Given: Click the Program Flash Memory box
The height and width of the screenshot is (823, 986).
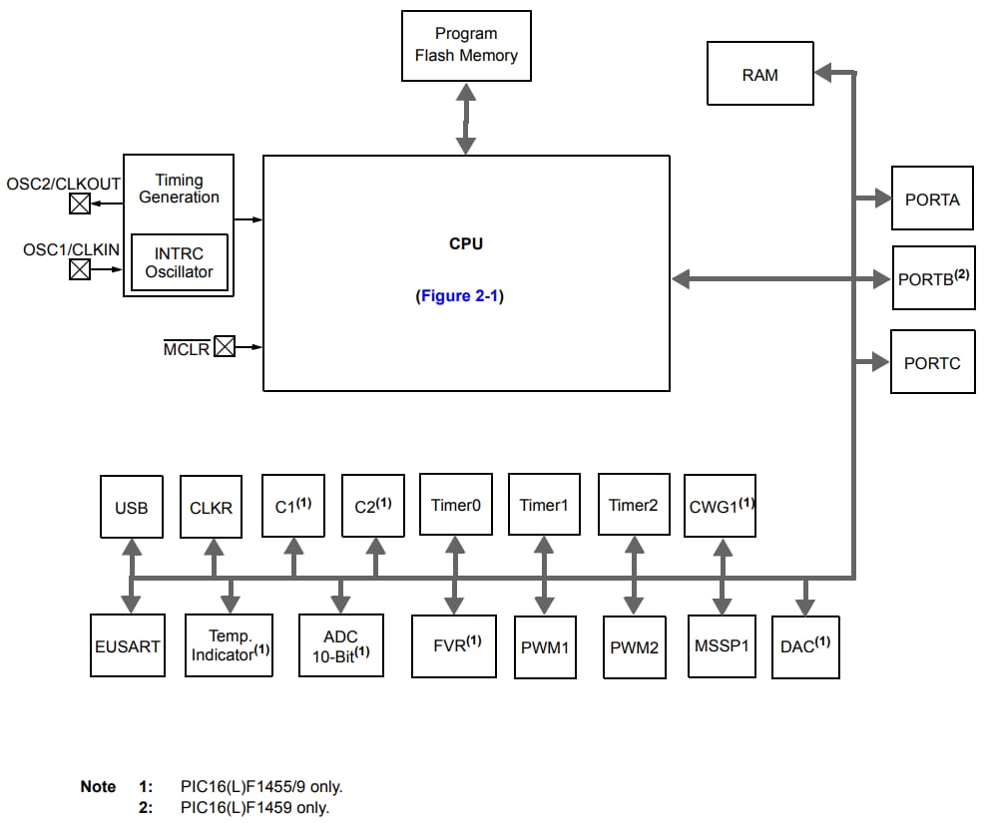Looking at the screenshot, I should (465, 46).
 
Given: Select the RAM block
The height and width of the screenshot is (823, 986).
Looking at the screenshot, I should (759, 74).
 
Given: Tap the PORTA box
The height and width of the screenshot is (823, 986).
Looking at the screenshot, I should (932, 199).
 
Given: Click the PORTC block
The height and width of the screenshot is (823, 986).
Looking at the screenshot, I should (932, 362).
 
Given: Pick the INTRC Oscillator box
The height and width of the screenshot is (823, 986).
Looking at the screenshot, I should (179, 262).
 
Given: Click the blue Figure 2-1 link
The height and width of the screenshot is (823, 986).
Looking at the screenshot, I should (459, 296).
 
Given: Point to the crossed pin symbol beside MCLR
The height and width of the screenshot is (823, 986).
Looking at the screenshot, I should (225, 347).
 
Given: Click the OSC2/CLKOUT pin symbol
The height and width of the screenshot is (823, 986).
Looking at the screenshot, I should (80, 205).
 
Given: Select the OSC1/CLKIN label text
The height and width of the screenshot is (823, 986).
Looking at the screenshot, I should (71, 249).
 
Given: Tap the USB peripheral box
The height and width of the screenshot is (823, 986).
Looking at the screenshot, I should (131, 507).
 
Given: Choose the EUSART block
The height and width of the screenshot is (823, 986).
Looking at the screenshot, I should (127, 646).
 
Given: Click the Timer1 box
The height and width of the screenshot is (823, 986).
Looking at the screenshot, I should (543, 505).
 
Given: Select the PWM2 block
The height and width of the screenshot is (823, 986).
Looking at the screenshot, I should (634, 647).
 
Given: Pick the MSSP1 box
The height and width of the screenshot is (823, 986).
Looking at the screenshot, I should (721, 645).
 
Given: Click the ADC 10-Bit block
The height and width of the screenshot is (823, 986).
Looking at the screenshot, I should (340, 645).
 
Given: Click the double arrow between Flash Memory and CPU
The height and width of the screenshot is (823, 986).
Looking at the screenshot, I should (465, 118).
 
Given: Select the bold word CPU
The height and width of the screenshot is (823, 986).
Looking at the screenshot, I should (466, 243).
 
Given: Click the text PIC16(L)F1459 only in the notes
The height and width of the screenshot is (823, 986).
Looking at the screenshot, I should (254, 807).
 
